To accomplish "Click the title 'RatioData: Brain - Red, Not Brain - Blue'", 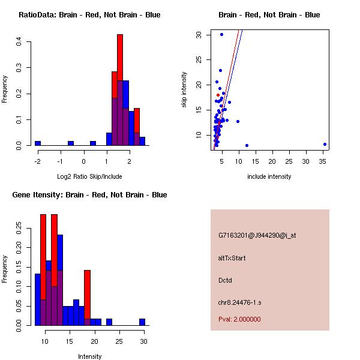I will [x=89, y=15].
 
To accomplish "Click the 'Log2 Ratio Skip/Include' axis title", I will [x=89, y=176].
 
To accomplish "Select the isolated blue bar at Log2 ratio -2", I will [x=38, y=143].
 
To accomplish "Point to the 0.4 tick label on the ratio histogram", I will [x=19, y=41].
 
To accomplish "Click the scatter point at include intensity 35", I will [x=325, y=144].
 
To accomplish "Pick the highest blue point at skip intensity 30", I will [x=221, y=34].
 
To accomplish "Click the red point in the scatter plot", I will [x=218, y=95].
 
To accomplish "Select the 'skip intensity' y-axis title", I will [x=184, y=90].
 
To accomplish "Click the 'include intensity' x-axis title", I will [x=269, y=176].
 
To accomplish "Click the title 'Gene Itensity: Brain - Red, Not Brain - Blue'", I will [x=89, y=195].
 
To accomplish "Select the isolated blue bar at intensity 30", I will [x=142, y=322].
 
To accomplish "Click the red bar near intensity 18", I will [x=87, y=297].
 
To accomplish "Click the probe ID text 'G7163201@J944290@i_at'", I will [x=257, y=235].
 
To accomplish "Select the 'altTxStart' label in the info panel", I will [x=232, y=258].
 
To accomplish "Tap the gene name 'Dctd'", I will [x=225, y=280].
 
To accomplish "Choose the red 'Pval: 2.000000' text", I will [x=239, y=319].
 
